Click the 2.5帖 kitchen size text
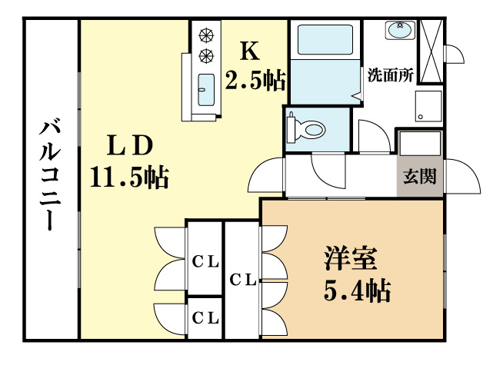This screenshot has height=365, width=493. (x=255, y=78)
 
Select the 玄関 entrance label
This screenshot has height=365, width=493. (x=420, y=176)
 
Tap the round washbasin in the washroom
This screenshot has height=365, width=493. (x=400, y=30)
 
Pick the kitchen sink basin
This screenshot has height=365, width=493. (x=206, y=90)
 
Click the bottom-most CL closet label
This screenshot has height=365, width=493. (x=205, y=317)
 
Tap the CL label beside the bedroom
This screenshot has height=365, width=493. (x=243, y=280)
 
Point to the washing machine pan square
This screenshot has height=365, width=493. (x=427, y=106)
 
